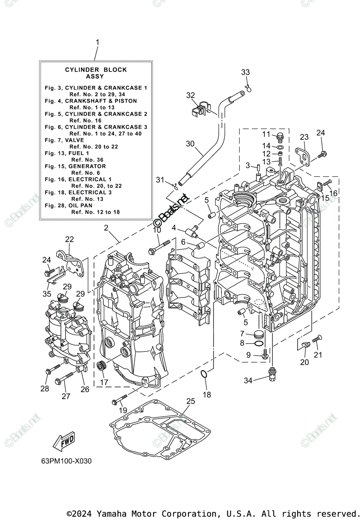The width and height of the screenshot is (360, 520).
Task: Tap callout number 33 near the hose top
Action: coord(245,72)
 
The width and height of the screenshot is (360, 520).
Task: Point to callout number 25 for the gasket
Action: coord(191,401)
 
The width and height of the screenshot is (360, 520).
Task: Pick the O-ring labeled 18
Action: coord(203,374)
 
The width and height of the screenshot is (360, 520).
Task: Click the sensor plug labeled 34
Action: coord(272,374)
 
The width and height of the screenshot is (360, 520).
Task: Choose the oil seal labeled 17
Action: coord(101,366)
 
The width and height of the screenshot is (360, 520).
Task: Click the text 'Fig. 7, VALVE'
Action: coord(64,140)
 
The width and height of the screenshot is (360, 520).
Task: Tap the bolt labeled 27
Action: coord(64,378)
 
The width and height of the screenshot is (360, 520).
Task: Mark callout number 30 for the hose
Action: coord(190,144)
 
